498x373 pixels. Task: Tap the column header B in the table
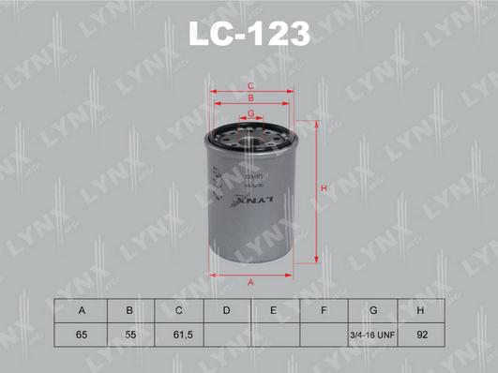pyautogui.click(x=129, y=310)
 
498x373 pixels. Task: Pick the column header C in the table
pyautogui.click(x=177, y=310)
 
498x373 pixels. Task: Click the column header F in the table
pyautogui.click(x=323, y=310)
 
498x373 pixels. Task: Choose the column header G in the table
pyautogui.click(x=372, y=310)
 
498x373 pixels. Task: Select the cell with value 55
pyautogui.click(x=129, y=334)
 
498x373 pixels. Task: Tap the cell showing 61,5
pyautogui.click(x=177, y=334)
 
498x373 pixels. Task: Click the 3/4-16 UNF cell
pyautogui.click(x=372, y=334)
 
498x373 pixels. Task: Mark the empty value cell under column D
pyautogui.click(x=226, y=334)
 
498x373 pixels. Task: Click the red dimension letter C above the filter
pyautogui.click(x=250, y=86)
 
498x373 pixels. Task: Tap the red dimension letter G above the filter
pyautogui.click(x=250, y=112)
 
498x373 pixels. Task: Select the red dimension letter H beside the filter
pyautogui.click(x=323, y=189)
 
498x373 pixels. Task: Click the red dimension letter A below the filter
pyautogui.click(x=250, y=282)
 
